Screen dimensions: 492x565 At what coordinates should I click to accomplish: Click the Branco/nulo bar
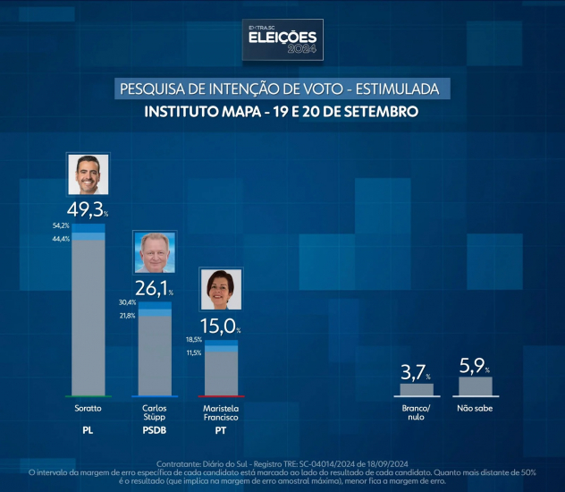tap(417, 389)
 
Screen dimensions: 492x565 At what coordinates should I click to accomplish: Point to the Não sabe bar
tap(475, 386)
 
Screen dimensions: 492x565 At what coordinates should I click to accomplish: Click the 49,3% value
tap(88, 211)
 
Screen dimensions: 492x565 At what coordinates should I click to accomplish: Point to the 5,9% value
tap(475, 365)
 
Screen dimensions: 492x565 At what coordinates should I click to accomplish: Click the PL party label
tap(89, 430)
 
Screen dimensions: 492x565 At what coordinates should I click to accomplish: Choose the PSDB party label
tap(155, 430)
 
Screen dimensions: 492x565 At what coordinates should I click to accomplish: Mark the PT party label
tap(221, 430)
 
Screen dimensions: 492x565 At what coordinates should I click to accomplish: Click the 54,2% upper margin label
tap(61, 225)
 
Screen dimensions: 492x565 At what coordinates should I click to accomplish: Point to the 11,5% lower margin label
tap(193, 352)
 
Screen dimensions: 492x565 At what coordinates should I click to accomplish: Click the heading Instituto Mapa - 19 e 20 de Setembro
tap(282, 114)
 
